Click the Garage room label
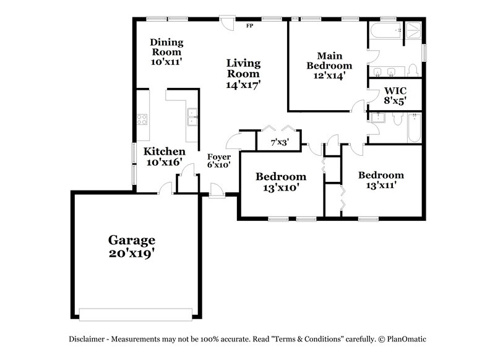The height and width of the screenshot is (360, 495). (131, 246)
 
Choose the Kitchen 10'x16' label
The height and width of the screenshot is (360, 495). (164, 156)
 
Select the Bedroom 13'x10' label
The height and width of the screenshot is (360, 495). (282, 182)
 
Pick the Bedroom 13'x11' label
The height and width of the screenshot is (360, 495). (381, 179)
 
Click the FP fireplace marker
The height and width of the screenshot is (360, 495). (250, 26)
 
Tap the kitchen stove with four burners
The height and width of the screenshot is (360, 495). (142, 119)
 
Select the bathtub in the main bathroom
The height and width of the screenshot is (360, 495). (384, 30)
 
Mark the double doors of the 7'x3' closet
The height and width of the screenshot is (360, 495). (278, 128)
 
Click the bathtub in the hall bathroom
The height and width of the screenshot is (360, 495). (414, 127)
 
